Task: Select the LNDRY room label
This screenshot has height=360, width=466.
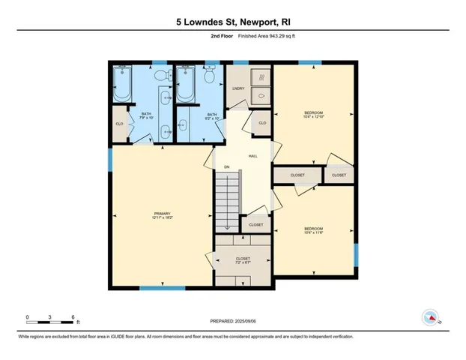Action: coord(239,88)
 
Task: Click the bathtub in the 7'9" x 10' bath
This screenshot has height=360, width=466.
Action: coord(124,86)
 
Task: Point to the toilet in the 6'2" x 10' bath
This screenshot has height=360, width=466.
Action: coord(211,75)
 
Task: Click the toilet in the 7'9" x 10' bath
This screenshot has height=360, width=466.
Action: coord(158,75)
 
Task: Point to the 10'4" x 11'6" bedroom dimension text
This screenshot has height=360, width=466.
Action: coord(314,232)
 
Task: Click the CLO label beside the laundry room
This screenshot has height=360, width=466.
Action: coord(262,123)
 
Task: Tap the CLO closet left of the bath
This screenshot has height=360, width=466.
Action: coord(119,124)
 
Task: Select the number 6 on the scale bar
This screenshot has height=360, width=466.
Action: coord(73,317)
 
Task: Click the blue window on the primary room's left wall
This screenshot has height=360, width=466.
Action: coord(111,158)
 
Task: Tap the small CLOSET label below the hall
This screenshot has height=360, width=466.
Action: coord(256,224)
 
